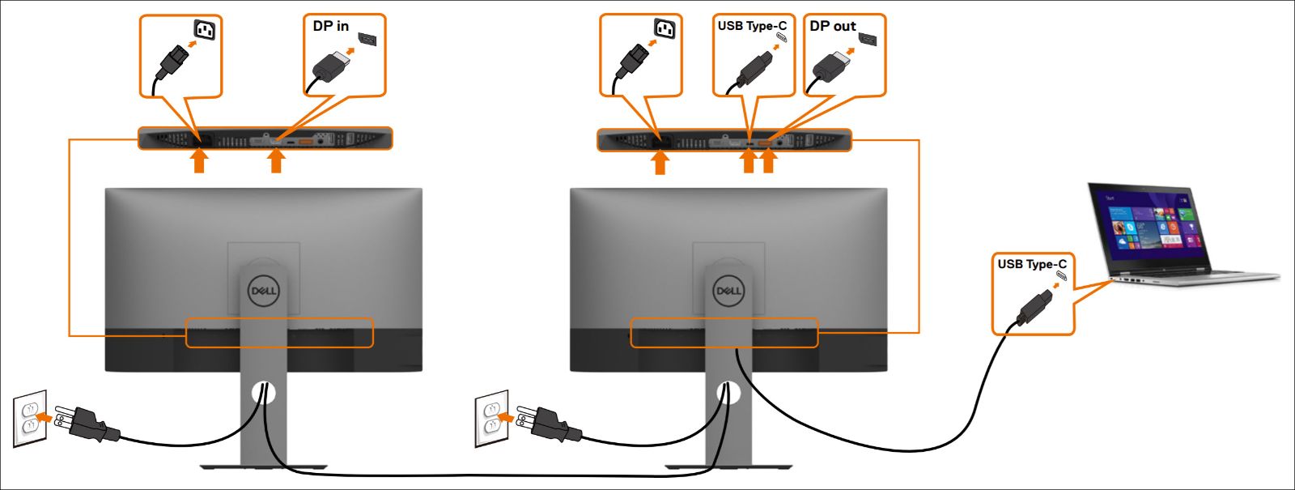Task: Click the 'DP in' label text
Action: [330, 26]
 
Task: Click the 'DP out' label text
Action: [832, 26]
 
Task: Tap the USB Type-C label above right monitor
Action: [751, 26]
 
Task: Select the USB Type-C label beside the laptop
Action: [1031, 264]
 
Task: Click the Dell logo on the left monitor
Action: [263, 291]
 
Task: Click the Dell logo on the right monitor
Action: [728, 291]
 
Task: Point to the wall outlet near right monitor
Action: [490, 419]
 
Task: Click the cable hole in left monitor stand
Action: [264, 394]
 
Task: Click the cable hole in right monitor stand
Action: [728, 394]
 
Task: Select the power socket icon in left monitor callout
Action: [205, 31]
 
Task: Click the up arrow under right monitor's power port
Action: [660, 161]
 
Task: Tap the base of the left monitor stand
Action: [263, 467]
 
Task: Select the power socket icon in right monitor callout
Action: [664, 31]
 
